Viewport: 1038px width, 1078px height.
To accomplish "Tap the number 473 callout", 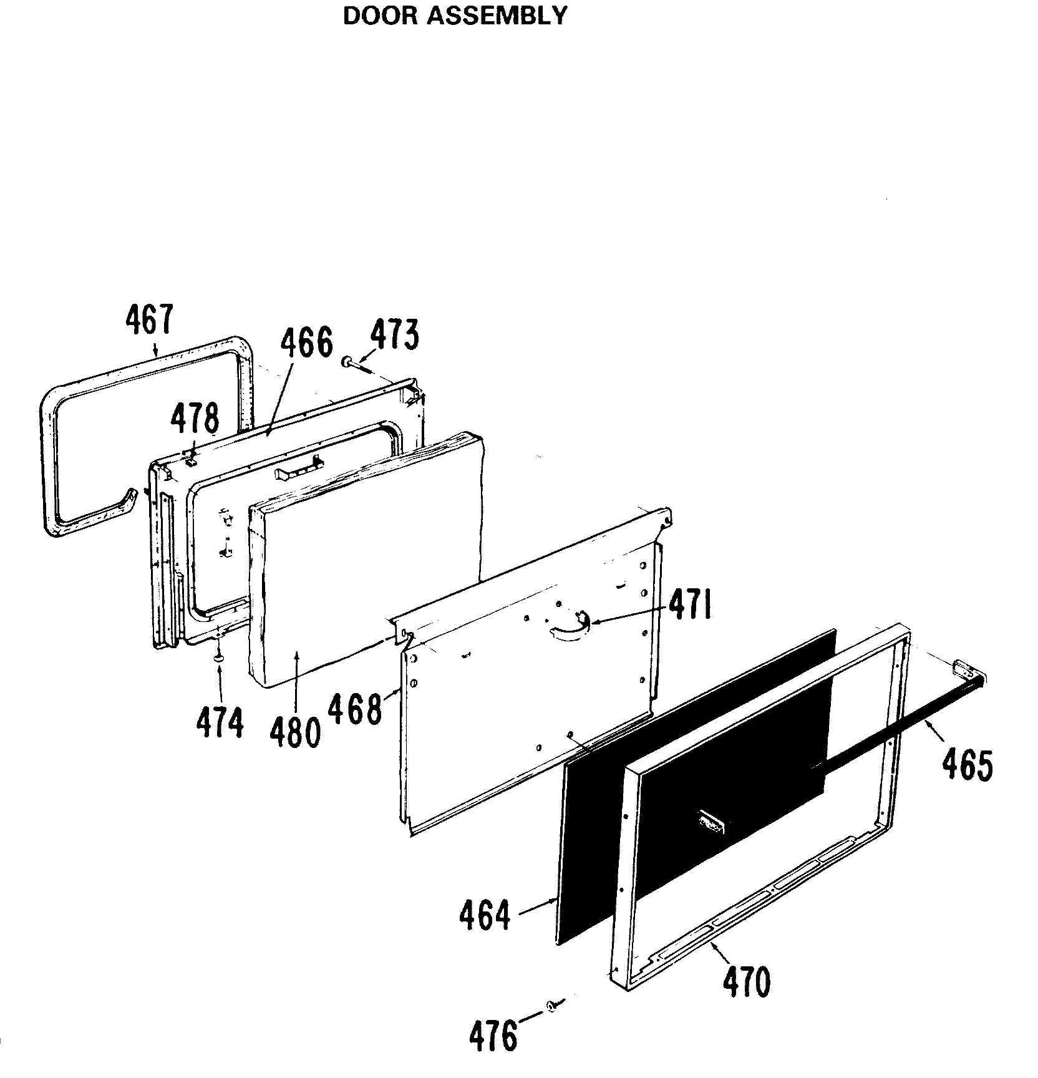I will coord(394,335).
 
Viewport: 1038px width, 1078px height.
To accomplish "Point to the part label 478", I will coord(196,419).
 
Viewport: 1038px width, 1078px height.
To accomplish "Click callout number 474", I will coord(220,723).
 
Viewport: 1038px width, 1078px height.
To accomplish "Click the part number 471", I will coord(690,606).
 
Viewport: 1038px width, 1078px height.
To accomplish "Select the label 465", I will coord(967,765).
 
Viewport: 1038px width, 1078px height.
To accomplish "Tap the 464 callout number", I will coord(484,915).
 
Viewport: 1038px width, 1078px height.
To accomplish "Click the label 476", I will coord(493,1036).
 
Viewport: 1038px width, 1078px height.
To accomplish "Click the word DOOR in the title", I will coord(381,16).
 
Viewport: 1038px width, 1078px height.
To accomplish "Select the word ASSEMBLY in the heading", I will coord(497,16).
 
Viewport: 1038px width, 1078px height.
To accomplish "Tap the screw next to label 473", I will coord(356,364).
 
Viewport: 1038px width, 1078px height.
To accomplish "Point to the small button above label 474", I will coord(218,658).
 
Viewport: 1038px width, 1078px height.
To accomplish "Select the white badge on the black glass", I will coord(711,822).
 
